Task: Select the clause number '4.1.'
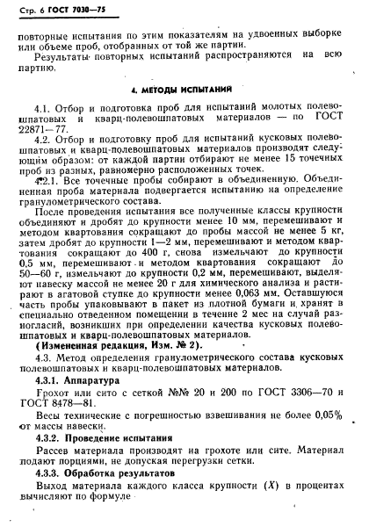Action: coord(46,107)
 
